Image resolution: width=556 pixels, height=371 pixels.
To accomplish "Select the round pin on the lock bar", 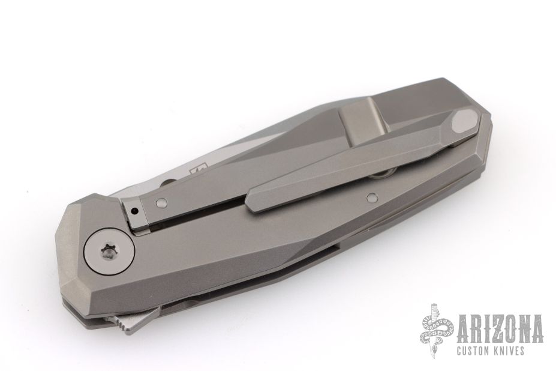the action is tap(161, 203).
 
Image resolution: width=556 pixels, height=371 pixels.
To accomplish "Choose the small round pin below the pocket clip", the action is tap(372, 197).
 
